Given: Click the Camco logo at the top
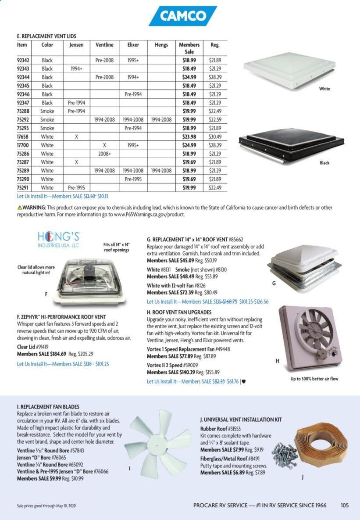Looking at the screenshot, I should [x=183, y=17].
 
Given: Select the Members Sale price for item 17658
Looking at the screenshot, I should [x=189, y=136].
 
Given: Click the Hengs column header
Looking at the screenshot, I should [x=161, y=45].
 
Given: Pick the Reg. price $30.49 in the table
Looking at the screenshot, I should [x=214, y=136].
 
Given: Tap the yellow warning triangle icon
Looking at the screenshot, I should [x=19, y=207].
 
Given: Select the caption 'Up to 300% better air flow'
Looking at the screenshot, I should [x=314, y=379].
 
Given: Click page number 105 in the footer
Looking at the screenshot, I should [x=344, y=505].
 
